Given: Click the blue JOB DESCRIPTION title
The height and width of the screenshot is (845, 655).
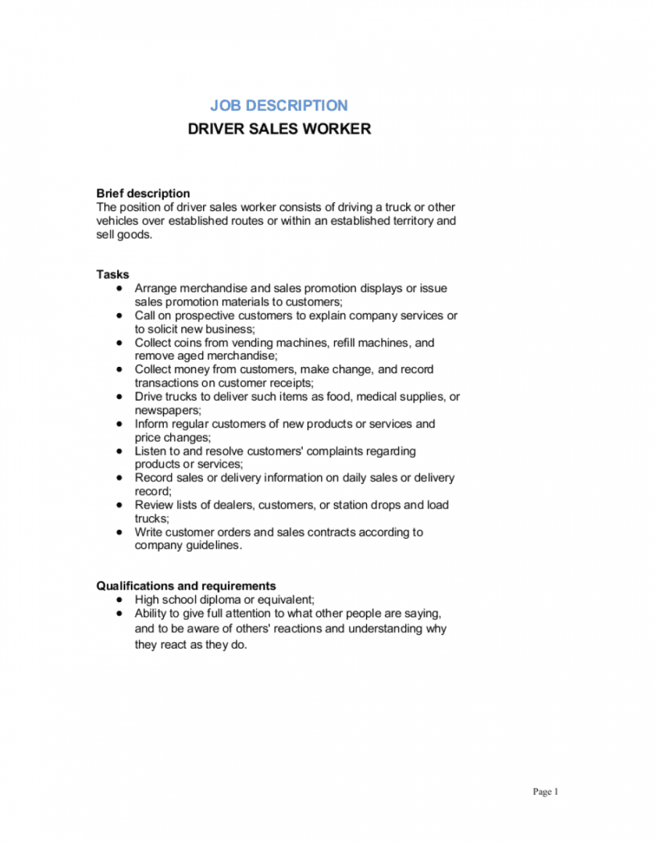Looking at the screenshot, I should tap(279, 106).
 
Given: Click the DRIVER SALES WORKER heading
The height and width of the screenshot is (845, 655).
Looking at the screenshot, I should tap(279, 129).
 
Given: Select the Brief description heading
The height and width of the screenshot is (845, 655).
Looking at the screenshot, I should tap(143, 194).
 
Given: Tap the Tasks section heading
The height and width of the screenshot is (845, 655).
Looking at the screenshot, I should tap(113, 274).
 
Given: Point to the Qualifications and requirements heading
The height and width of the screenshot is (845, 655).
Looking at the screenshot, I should tap(186, 586).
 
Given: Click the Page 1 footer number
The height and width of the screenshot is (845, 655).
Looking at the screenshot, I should tap(545, 792).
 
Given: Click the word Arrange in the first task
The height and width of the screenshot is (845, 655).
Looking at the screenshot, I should tap(155, 288).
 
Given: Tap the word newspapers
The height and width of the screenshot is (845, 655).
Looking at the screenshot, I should tap(166, 410).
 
